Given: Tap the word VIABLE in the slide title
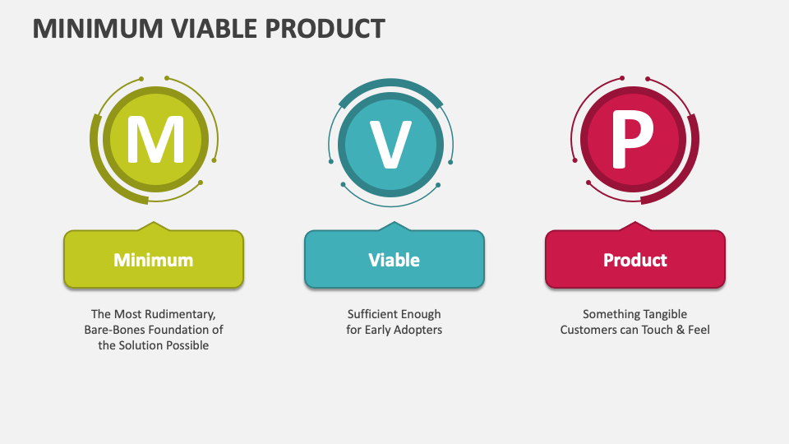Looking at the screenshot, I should click(x=215, y=28).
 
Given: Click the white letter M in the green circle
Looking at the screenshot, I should click(x=155, y=142).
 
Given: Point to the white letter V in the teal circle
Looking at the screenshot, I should click(x=390, y=143).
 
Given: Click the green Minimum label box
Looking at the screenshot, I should click(x=154, y=260).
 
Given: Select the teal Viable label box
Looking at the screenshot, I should click(x=394, y=260).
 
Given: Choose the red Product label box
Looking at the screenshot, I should click(x=635, y=260).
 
